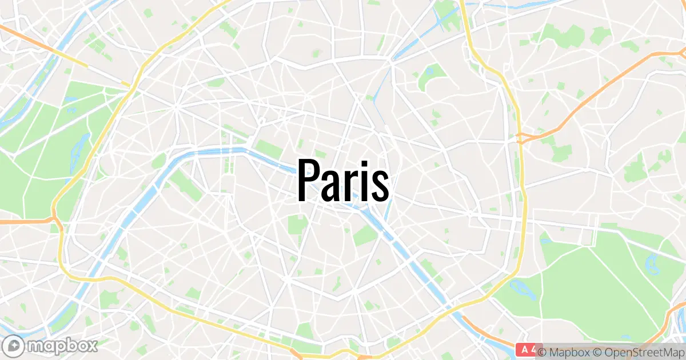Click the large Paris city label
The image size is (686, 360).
pyautogui.click(x=344, y=180)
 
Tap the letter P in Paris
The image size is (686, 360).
pyautogui.click(x=308, y=180)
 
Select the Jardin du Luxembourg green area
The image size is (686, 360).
pyautogui.click(x=297, y=224)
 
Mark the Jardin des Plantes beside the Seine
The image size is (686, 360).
pyautogui.click(x=364, y=234)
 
